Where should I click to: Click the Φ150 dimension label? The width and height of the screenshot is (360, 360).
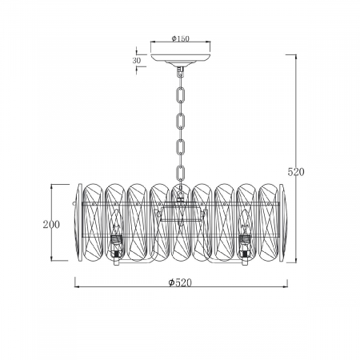[x=180, y=38]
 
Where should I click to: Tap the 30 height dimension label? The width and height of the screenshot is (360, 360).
[x=136, y=61]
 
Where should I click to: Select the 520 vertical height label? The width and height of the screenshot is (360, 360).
[x=296, y=172]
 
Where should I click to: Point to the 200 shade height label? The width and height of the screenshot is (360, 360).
[x=51, y=225]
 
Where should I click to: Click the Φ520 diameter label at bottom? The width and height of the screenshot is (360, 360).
[x=180, y=282]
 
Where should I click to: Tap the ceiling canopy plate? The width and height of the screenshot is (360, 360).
[x=181, y=59]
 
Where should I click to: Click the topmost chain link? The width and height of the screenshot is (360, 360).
[x=181, y=95]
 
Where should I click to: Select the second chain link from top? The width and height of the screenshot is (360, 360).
[x=181, y=121]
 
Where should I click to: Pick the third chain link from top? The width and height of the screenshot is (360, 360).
[x=181, y=146]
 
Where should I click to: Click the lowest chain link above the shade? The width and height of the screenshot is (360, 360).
[x=181, y=173]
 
